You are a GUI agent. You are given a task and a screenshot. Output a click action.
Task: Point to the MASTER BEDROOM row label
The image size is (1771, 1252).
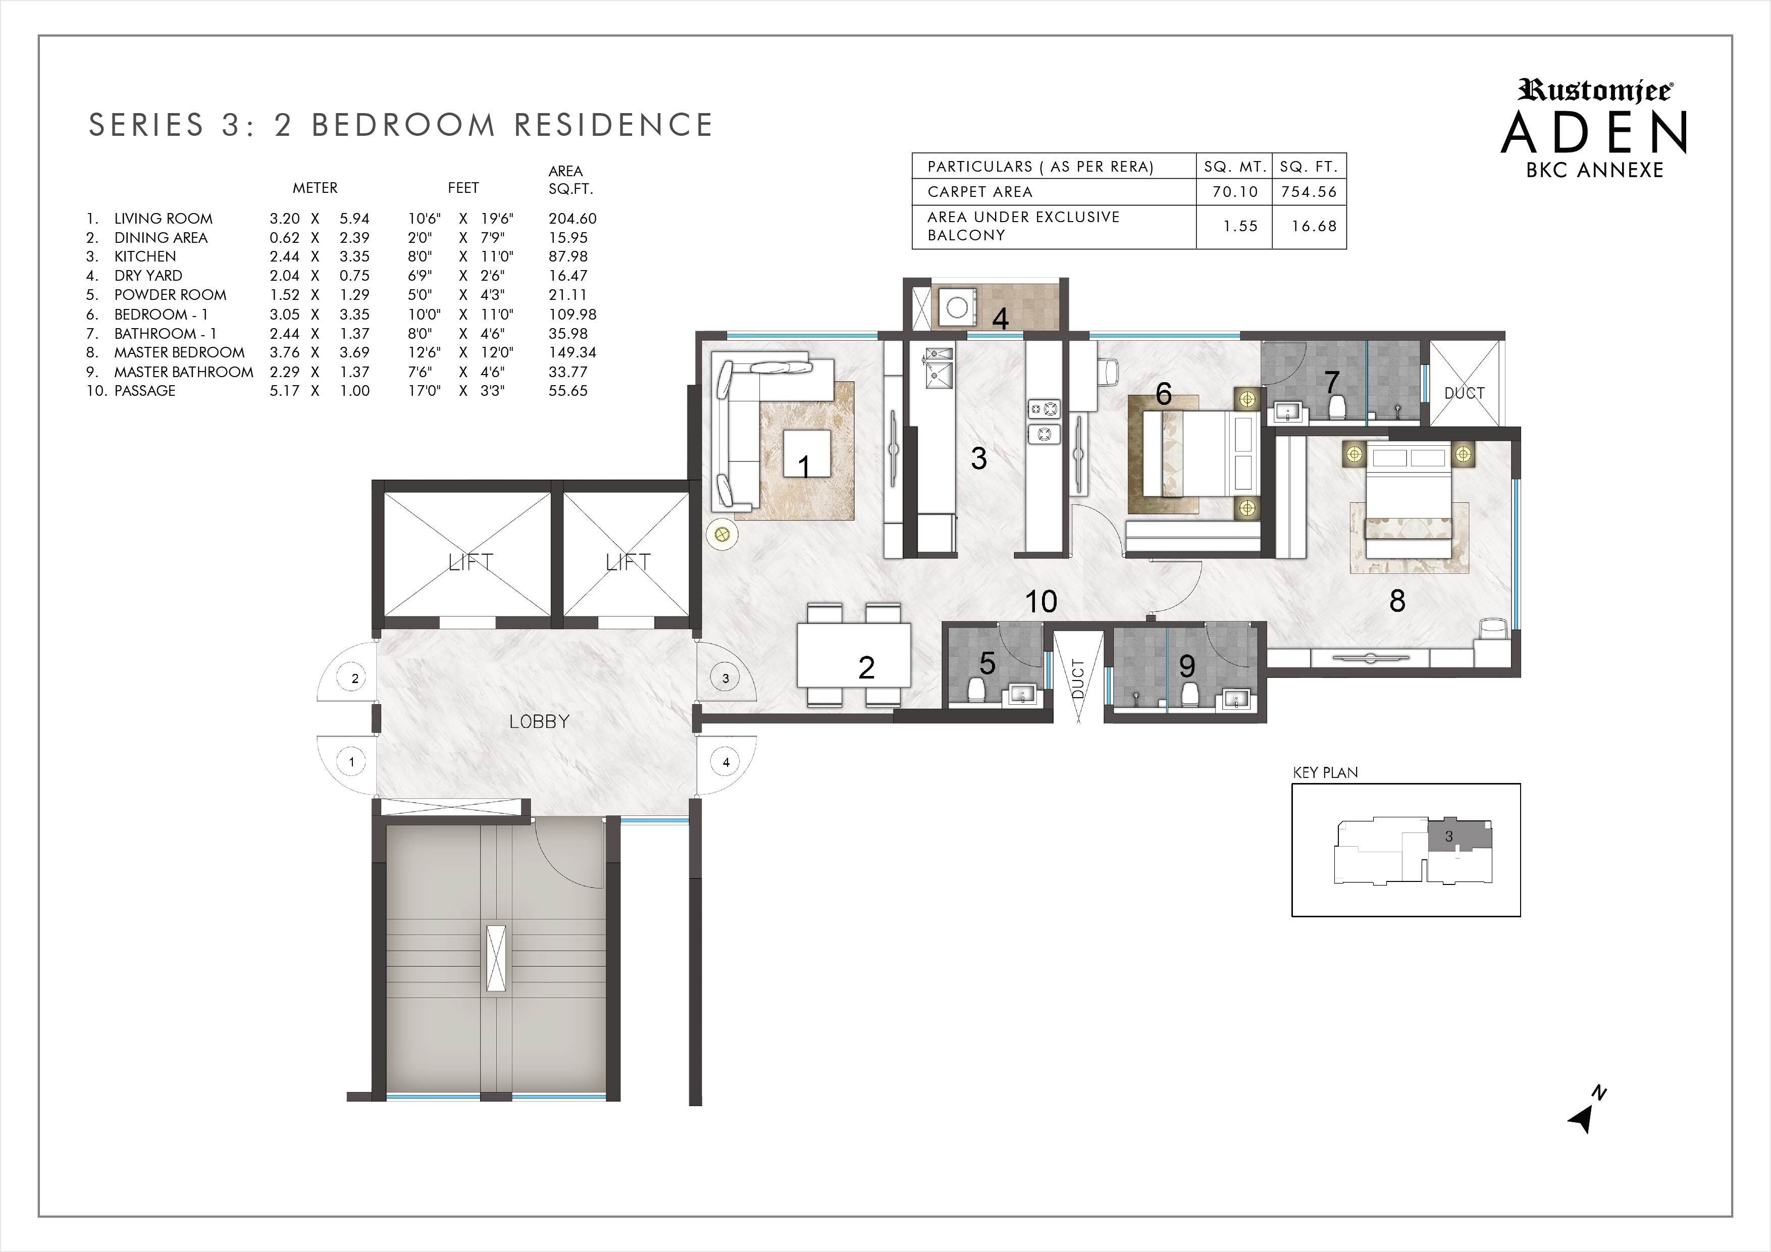[179, 352]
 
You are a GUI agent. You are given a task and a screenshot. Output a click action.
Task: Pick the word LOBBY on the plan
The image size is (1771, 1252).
[539, 721]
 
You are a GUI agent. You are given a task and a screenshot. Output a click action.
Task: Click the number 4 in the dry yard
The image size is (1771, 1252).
[1001, 319]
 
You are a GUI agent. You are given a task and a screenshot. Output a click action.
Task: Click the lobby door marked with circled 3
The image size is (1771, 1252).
[724, 678]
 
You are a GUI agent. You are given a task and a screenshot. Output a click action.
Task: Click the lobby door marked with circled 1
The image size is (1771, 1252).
[352, 761]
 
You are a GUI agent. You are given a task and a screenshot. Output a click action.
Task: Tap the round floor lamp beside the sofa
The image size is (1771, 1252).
[722, 534]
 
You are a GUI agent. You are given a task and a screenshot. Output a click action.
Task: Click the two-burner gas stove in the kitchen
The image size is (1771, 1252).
[1044, 421]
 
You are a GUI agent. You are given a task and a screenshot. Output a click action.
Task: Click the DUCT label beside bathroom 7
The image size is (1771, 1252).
[1464, 393]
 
